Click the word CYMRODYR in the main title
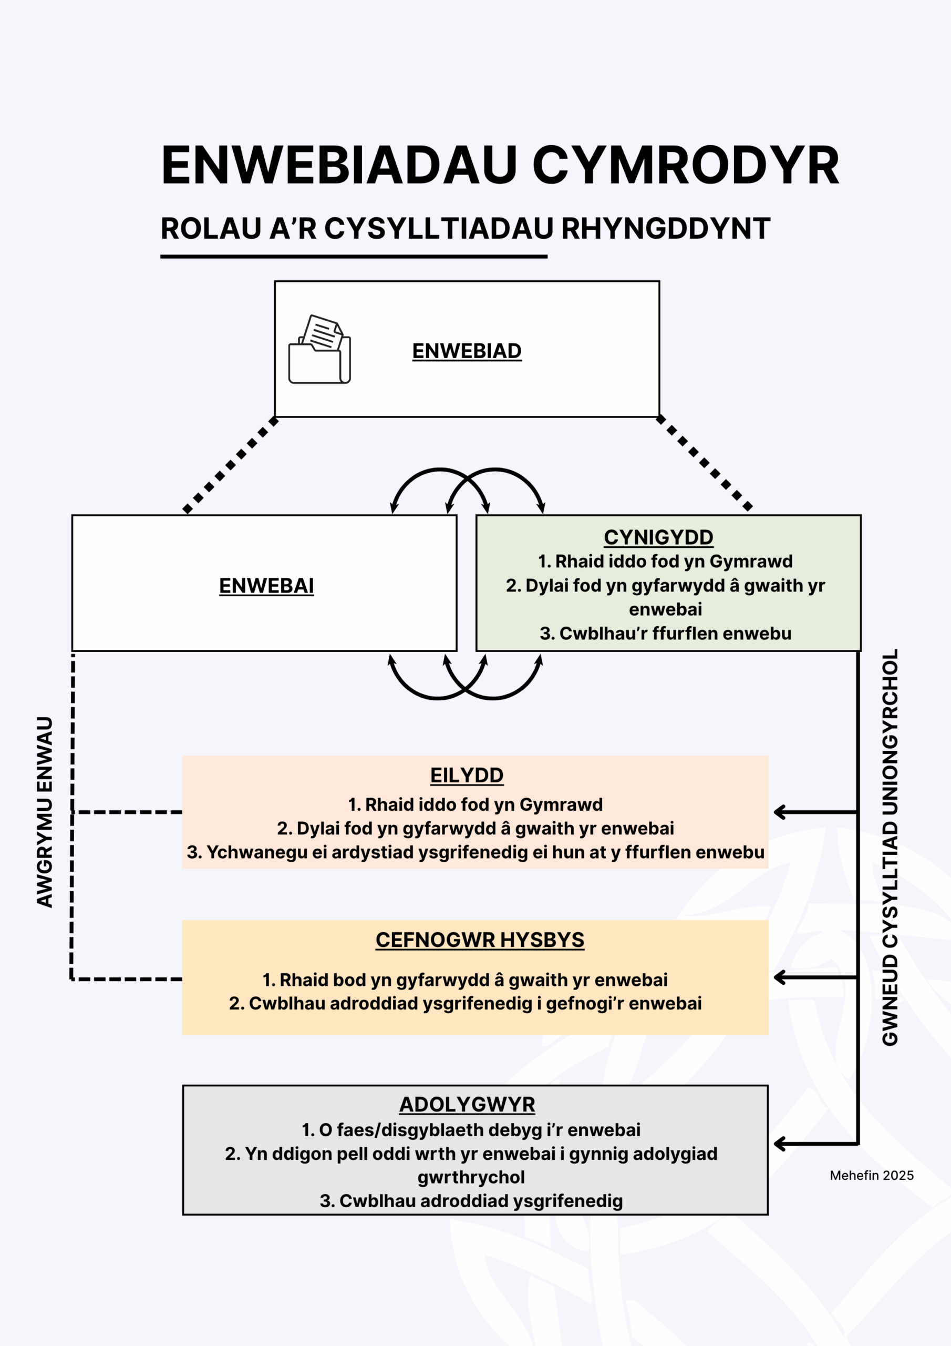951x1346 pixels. click(685, 166)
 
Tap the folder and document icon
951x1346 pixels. click(319, 350)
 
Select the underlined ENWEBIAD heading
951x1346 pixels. click(467, 351)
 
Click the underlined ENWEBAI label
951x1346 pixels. click(266, 586)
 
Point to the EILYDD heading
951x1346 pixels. click(467, 775)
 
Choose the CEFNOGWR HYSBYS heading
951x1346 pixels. click(479, 940)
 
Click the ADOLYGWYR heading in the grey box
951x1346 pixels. click(467, 1105)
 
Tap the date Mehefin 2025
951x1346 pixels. click(871, 1176)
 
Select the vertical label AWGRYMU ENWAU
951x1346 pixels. click(45, 812)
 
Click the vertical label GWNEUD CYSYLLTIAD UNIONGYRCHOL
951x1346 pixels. click(890, 847)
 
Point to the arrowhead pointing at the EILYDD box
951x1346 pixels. click(780, 812)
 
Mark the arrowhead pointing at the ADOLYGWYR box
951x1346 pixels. click(780, 1144)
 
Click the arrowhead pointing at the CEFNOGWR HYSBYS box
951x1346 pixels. click(780, 977)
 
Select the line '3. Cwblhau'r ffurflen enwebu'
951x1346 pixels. click(665, 634)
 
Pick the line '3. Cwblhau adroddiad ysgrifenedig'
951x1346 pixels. click(471, 1201)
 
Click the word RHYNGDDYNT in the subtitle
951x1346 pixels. click(666, 229)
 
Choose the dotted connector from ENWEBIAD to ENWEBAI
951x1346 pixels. click(230, 465)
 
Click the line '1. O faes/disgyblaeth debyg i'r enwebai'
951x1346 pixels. click(471, 1130)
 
